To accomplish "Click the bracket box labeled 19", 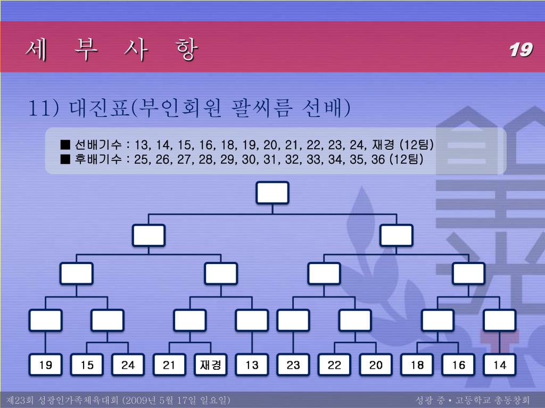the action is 46,365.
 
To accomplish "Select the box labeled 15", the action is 87,365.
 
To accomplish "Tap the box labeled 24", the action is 128,365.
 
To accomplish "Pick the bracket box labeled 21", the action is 169,365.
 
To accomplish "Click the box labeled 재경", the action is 211,365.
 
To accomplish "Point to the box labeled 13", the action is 252,365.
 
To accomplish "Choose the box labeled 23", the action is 293,365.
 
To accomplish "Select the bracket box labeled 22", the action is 334,365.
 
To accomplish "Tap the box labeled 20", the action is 376,365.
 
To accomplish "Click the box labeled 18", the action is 417,365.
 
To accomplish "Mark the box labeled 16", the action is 458,365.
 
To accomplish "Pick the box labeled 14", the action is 500,365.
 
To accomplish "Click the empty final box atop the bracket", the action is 272,193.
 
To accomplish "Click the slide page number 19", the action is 520,50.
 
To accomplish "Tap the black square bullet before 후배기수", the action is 66,159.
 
